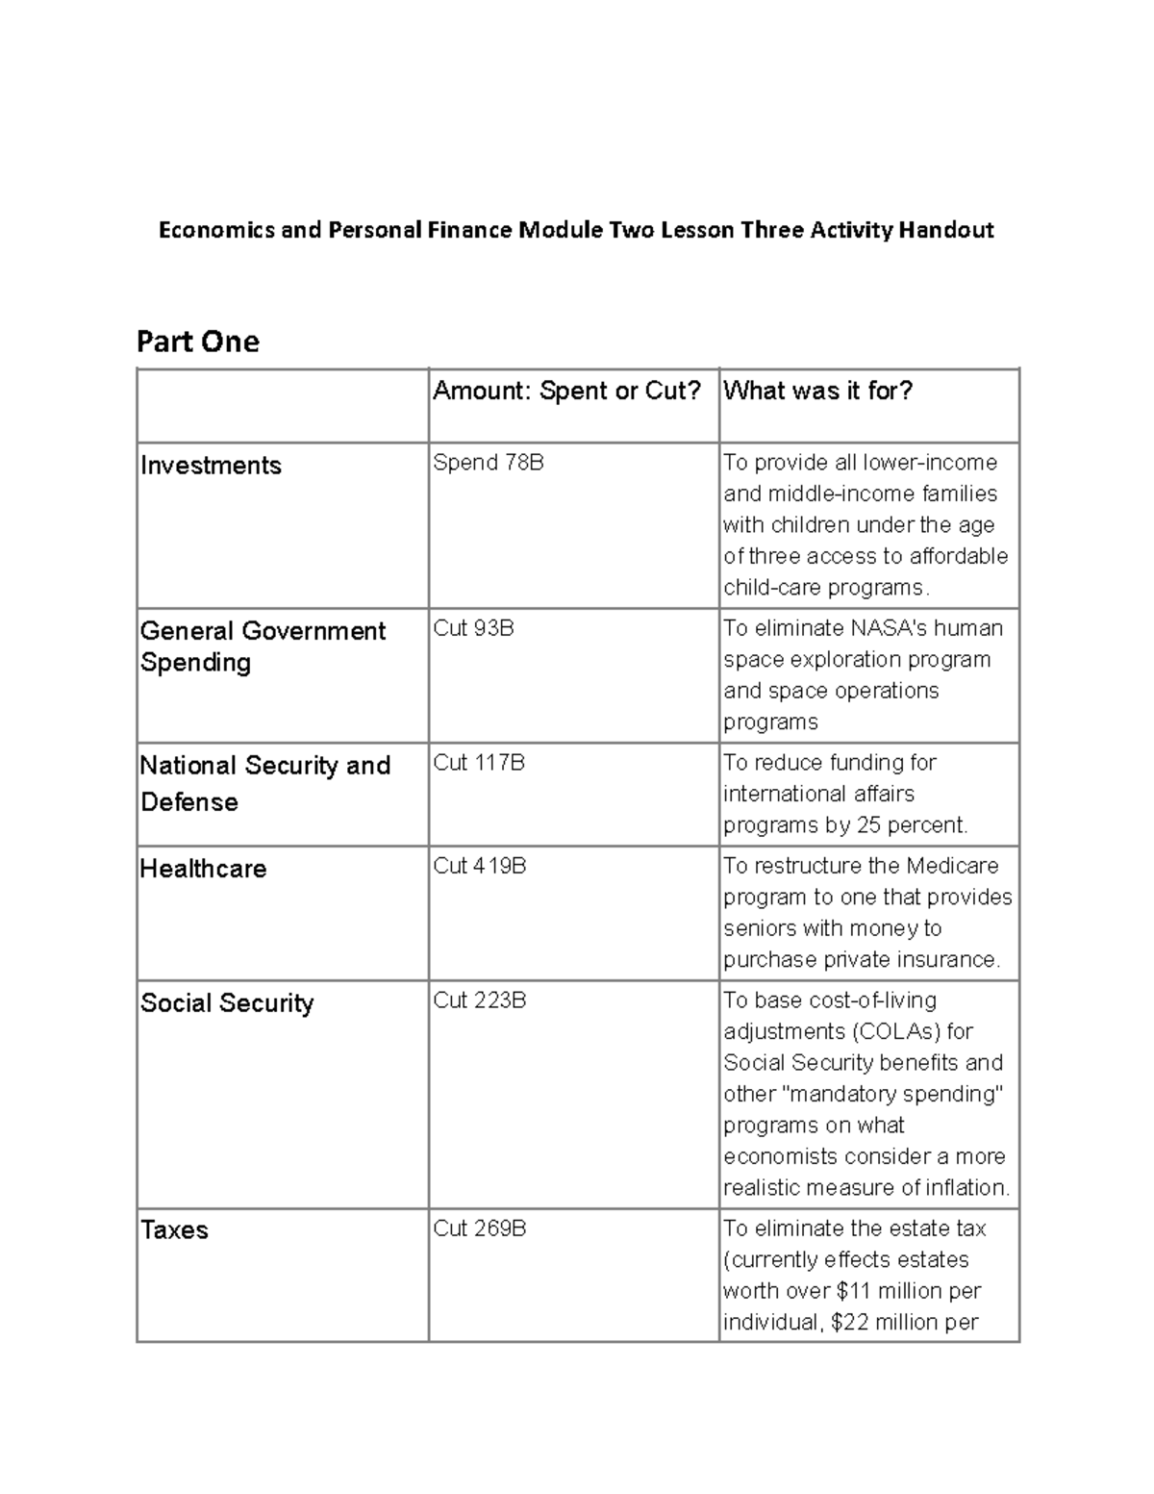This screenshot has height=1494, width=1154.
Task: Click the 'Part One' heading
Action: coord(198,342)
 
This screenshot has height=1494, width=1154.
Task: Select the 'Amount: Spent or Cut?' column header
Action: coord(566,391)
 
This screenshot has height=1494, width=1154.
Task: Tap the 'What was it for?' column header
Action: coord(817,391)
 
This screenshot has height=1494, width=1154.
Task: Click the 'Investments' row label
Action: coord(211,466)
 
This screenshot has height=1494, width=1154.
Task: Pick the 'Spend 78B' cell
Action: coord(489,463)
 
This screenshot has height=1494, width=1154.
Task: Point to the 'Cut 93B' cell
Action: coord(473,628)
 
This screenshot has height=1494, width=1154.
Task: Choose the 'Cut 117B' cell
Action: coord(479,763)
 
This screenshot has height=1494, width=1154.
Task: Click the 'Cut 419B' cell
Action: coord(479,866)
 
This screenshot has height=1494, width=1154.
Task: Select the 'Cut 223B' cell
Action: coord(479,1000)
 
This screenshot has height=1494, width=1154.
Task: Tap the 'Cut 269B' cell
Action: coord(479,1228)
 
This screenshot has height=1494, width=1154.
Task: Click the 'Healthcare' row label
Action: coord(203,869)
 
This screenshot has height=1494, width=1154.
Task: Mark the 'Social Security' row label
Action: coord(227,1003)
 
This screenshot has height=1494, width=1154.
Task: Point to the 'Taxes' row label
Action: coord(174,1230)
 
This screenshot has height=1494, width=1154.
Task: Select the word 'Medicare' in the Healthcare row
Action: coord(952,866)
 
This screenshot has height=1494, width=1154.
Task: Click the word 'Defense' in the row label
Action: coord(188,802)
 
